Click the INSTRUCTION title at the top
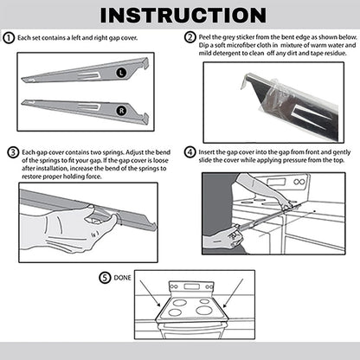tap(180, 16)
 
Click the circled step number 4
tap(190, 152)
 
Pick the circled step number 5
tap(106, 278)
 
